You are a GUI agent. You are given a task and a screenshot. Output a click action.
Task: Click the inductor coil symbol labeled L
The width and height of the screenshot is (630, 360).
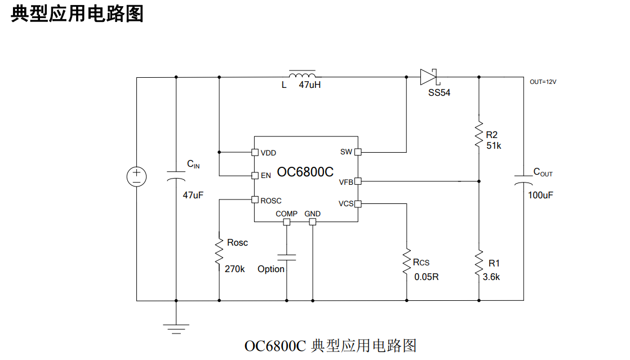click(x=302, y=75)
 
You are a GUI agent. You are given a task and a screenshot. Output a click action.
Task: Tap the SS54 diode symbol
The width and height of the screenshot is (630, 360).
click(x=429, y=77)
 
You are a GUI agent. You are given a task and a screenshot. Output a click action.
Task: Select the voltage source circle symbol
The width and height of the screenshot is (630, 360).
click(x=136, y=176)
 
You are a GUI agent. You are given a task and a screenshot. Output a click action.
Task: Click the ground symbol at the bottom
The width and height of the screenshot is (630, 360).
click(x=176, y=325)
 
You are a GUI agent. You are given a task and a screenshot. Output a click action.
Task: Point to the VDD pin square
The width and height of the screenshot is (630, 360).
click(x=255, y=152)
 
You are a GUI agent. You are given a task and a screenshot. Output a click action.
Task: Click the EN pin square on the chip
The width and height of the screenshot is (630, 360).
click(x=255, y=175)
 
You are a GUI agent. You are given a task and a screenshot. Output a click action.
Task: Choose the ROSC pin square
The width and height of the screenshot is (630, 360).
click(x=255, y=199)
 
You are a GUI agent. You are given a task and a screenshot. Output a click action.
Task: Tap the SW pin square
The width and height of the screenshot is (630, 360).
click(x=357, y=152)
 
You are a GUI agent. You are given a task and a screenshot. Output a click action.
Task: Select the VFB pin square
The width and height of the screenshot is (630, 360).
click(x=357, y=181)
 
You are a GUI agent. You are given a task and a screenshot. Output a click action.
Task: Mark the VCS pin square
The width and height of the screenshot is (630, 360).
click(x=357, y=204)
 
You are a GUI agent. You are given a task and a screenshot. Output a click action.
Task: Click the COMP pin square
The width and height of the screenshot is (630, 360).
click(x=286, y=222)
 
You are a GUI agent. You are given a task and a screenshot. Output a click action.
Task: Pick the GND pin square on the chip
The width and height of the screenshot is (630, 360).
click(x=312, y=222)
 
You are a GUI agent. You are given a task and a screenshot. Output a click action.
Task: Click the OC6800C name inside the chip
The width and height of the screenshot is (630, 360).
click(x=305, y=172)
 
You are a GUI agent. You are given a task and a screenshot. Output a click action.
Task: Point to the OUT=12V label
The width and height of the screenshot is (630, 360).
click(x=543, y=82)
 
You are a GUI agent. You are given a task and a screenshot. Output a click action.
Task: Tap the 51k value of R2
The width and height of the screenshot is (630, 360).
click(x=494, y=145)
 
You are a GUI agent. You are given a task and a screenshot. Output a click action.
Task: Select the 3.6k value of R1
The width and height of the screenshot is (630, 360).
click(x=491, y=277)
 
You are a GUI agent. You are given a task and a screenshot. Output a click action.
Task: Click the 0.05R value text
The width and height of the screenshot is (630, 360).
click(x=426, y=277)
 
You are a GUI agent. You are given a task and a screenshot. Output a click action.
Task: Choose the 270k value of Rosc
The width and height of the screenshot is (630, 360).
click(x=234, y=269)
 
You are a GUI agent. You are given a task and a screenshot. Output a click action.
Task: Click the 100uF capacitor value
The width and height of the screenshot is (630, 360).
click(x=540, y=195)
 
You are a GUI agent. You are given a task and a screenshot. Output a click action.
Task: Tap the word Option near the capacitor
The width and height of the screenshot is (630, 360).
click(x=271, y=269)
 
